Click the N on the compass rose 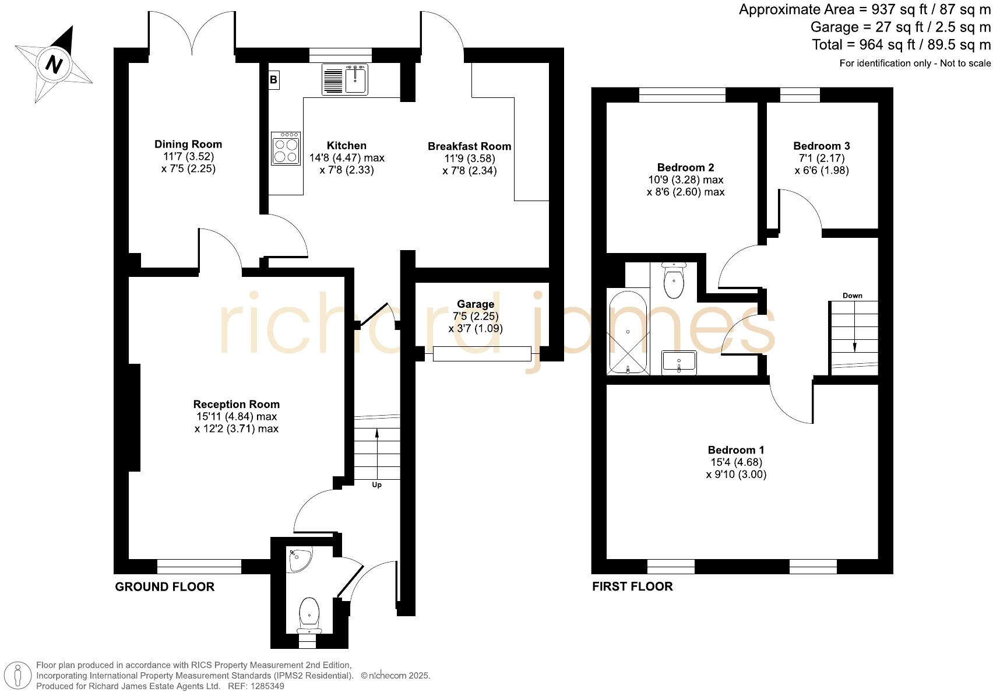54,64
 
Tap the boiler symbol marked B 273,80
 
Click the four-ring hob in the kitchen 286,149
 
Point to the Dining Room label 188,144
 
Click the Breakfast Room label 469,146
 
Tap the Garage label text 475,304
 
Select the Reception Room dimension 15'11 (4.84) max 236,416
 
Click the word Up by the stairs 376,485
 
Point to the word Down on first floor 852,296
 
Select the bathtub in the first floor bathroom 628,332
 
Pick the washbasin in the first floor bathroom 679,362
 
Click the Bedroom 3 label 821,146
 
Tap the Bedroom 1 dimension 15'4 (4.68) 735,462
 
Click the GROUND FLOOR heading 164,586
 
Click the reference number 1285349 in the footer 268,686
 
